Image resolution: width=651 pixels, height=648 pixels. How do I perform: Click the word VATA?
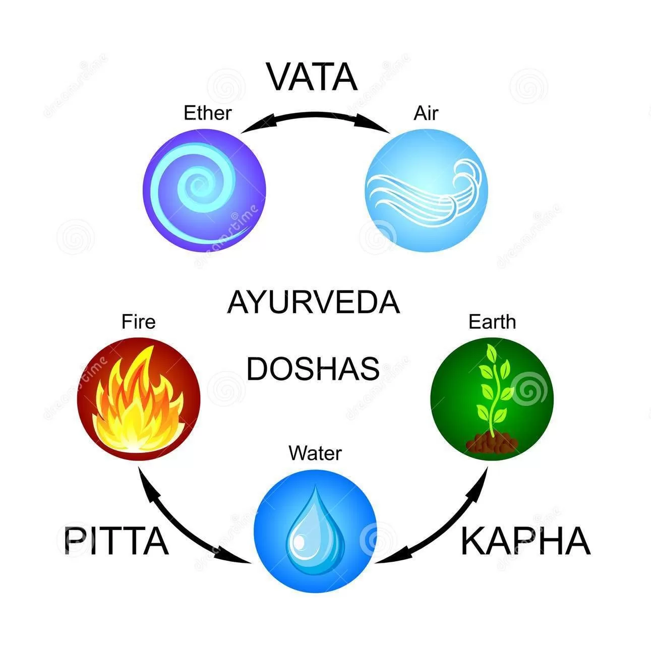click(313, 77)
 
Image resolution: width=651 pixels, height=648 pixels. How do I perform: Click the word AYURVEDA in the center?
click(313, 302)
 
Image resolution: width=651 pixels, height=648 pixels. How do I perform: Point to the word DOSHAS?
click(313, 369)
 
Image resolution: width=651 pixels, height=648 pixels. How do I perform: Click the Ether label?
click(207, 113)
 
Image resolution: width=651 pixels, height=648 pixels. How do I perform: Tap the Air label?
click(426, 113)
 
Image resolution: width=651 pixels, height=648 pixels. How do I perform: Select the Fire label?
click(139, 321)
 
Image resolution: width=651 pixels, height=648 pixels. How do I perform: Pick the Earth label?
click(492, 321)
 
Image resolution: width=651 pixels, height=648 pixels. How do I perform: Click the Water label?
click(315, 453)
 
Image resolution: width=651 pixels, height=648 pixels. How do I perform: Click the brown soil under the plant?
click(492, 443)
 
